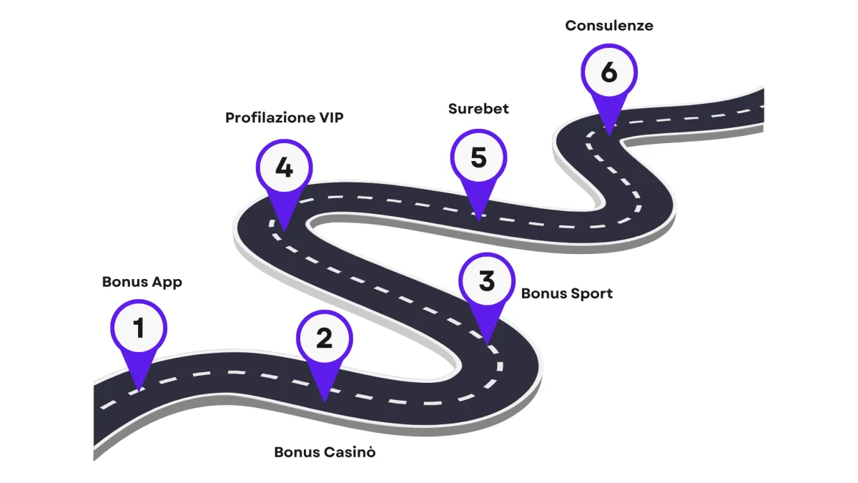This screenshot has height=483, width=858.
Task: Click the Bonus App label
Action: click(142, 282)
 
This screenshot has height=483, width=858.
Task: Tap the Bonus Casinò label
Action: click(325, 452)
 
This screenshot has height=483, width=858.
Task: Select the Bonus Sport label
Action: click(566, 293)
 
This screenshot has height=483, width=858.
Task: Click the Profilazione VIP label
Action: click(284, 117)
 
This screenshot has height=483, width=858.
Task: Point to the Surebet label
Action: click(478, 109)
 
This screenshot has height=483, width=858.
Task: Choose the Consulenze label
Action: click(608, 26)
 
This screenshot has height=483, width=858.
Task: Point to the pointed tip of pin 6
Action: click(608, 132)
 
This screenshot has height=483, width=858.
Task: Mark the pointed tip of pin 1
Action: click(138, 390)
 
